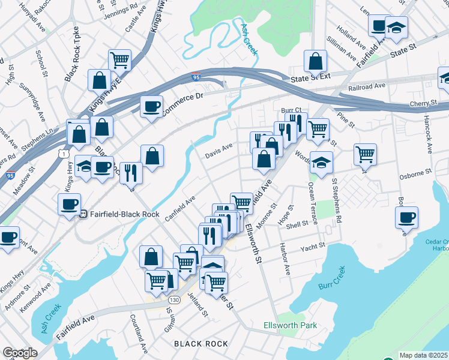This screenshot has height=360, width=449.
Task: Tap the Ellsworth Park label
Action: click(290, 326)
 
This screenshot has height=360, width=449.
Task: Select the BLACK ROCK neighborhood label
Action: click(201, 344)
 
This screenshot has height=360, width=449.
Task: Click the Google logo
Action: click(19, 353)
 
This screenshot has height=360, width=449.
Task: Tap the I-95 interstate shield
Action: click(196, 77)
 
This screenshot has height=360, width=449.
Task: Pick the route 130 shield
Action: click(174, 299)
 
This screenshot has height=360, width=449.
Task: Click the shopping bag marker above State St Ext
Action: click(315, 61)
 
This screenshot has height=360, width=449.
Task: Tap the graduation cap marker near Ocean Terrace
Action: click(322, 163)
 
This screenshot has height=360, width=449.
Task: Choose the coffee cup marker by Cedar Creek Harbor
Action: click(406, 217)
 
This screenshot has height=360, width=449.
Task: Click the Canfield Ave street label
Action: click(181, 208)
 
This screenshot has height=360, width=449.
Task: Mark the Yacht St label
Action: click(313, 246)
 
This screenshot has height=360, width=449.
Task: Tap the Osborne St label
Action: click(415, 172)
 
